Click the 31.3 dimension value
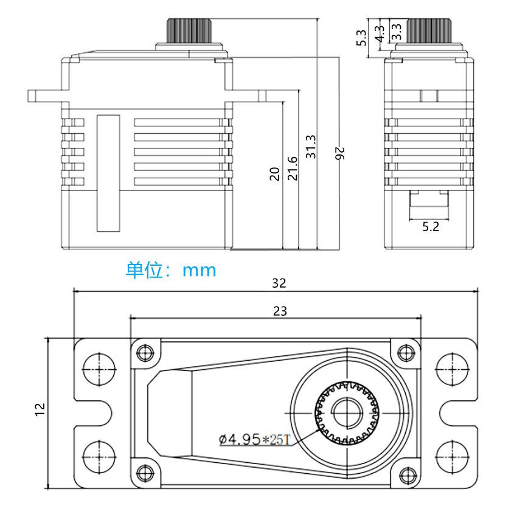click(311, 147)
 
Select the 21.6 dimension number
click(293, 168)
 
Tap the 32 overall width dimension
click(279, 283)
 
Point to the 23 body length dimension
click(280, 311)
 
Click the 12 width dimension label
click(40, 409)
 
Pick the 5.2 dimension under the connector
click(431, 227)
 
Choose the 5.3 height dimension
click(361, 38)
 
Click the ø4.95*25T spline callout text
click(255, 439)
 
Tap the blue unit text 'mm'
click(199, 271)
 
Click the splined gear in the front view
click(189, 30)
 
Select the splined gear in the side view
click(429, 30)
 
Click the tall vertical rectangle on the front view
click(108, 173)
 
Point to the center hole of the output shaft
click(347, 413)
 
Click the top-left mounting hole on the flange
click(99, 369)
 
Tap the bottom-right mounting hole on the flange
click(452, 457)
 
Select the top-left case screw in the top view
click(145, 353)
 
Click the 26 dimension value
click(339, 154)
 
